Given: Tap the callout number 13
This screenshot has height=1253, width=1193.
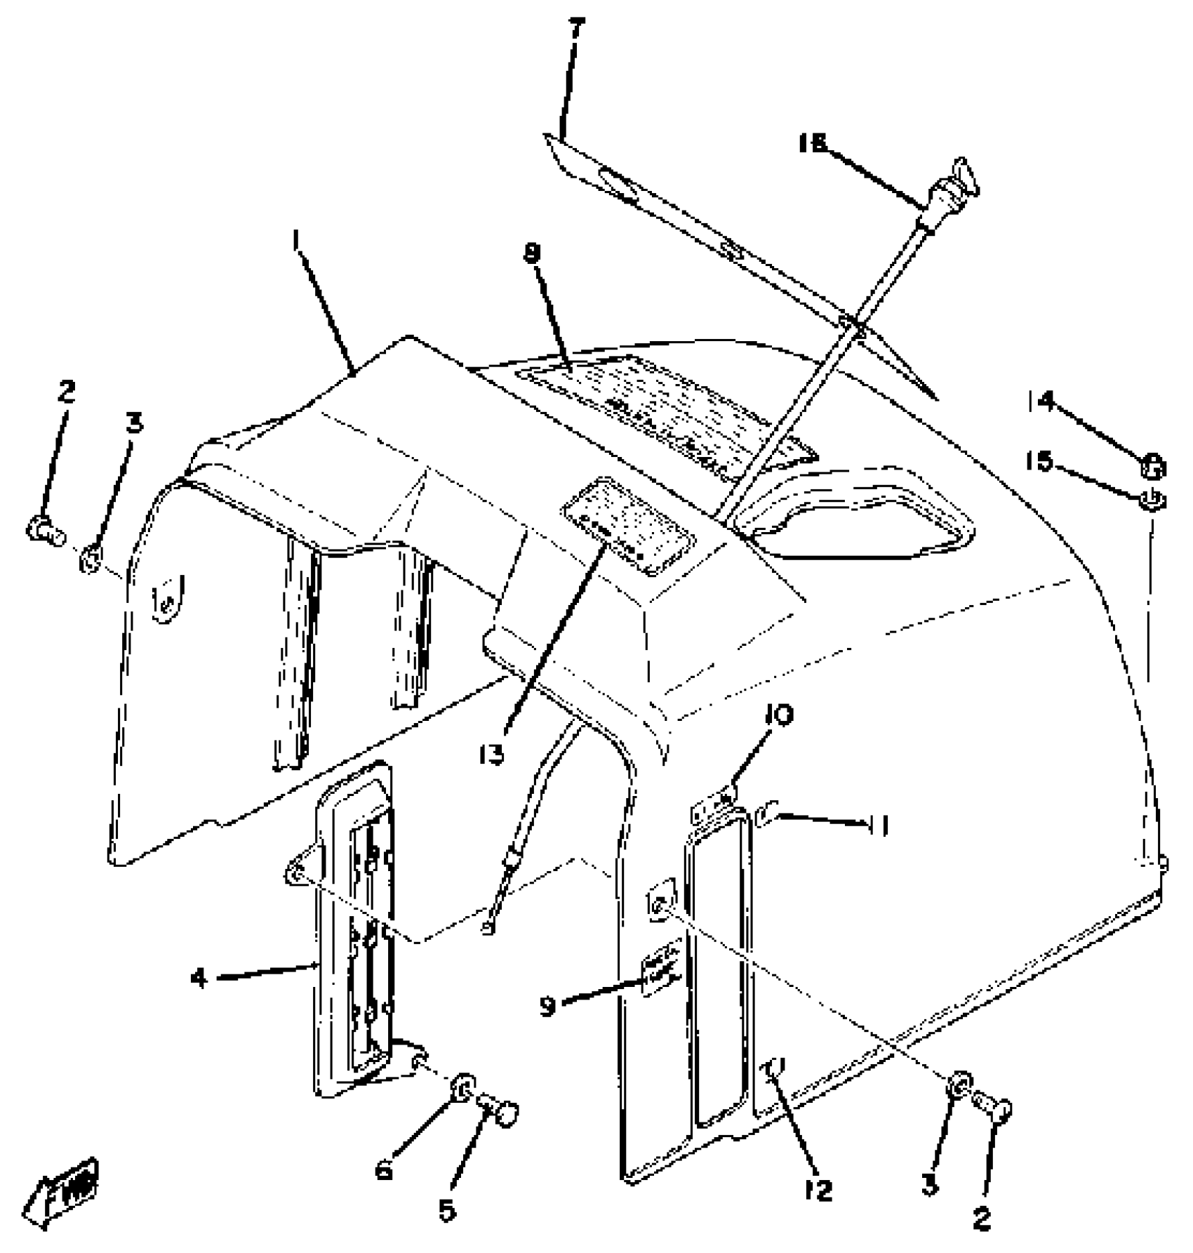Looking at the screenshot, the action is coord(493,755).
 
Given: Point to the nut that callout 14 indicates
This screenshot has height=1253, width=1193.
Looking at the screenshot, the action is coord(1152,466).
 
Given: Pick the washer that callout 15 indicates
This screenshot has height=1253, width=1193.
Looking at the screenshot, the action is coord(1152,500).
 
